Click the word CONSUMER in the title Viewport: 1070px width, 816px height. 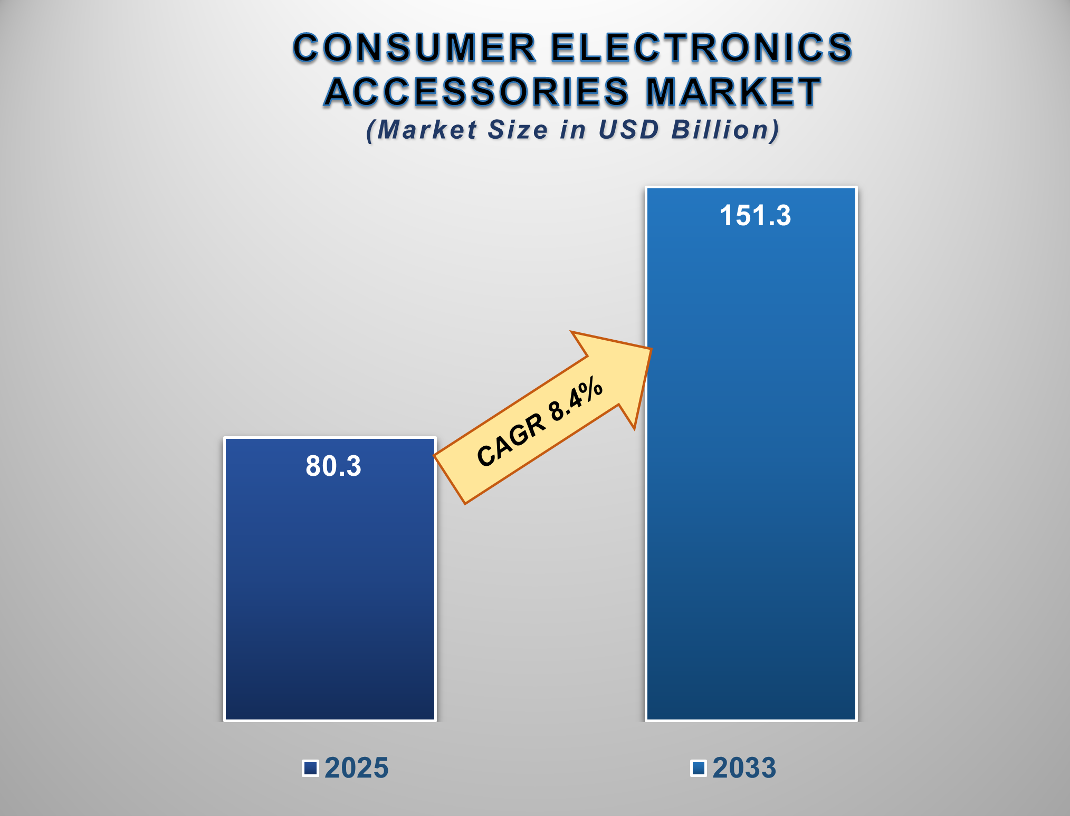tap(415, 47)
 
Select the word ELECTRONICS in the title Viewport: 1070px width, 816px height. tap(702, 47)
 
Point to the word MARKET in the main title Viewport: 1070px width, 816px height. tap(733, 92)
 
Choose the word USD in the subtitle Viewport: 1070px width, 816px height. tap(628, 130)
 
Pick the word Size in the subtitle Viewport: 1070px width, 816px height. tap(518, 130)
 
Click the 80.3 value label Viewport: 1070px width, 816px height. tap(333, 466)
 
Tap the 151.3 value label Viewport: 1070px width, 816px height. tap(755, 216)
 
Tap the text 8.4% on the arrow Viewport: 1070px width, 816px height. tap(575, 399)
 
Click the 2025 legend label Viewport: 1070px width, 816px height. tap(357, 768)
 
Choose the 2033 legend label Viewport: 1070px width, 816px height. tap(744, 768)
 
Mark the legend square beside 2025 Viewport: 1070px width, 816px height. tap(311, 768)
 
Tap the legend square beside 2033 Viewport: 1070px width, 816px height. tap(699, 768)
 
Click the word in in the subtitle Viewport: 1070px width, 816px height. tap(573, 130)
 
